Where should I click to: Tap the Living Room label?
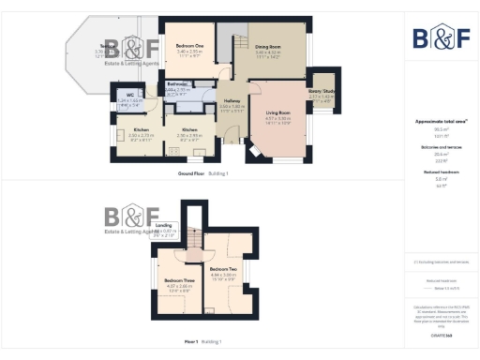[x=278, y=112]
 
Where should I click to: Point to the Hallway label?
[x=232, y=100]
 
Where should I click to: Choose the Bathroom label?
[x=178, y=84]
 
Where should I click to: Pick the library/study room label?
[x=321, y=92]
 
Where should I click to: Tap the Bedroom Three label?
[x=178, y=280]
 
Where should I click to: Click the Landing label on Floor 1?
[x=162, y=226]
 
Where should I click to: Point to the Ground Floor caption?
[x=193, y=174]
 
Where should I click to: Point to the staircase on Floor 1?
[x=194, y=242]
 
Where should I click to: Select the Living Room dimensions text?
[x=278, y=120]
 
